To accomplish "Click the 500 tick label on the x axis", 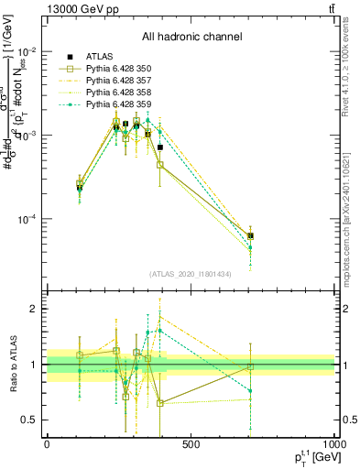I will click(x=191, y=444).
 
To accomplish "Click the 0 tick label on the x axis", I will click(x=47, y=444).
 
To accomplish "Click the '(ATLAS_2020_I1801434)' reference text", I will click(x=191, y=274).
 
